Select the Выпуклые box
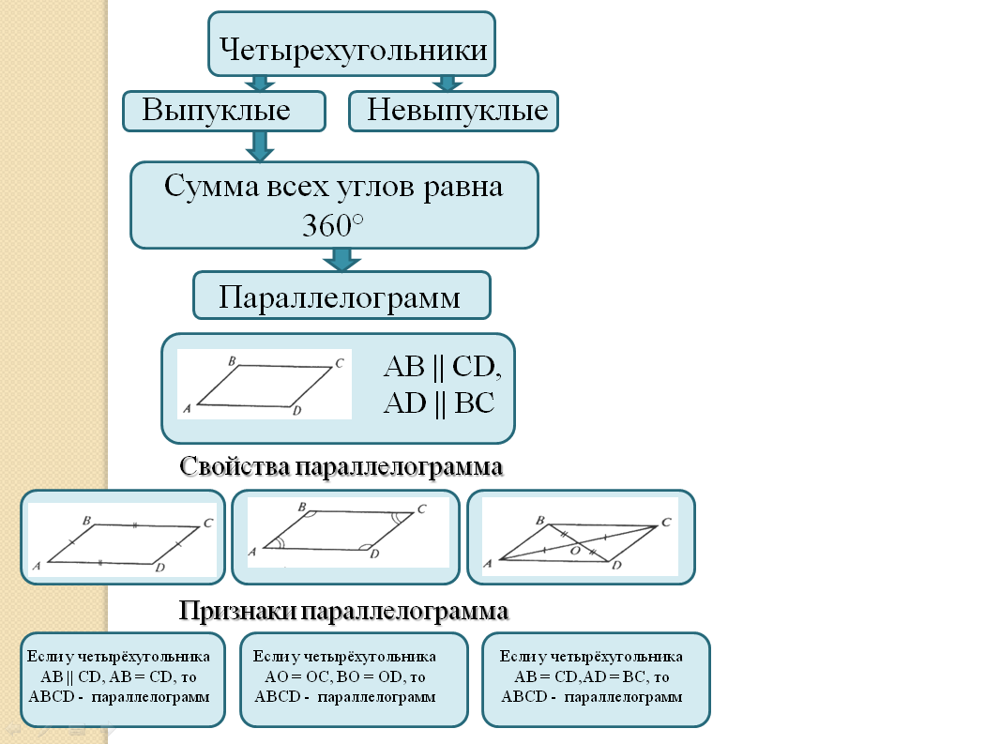(223, 111)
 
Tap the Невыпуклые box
(455, 111)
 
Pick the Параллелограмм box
(341, 297)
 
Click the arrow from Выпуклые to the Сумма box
(260, 144)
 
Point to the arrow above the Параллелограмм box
(341, 259)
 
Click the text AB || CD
(442, 366)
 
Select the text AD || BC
(438, 402)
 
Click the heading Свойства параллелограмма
(341, 466)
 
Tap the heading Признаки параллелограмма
(343, 612)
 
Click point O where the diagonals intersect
(576, 551)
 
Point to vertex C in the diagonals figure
(665, 523)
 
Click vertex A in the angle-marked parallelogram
(253, 553)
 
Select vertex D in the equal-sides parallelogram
(160, 569)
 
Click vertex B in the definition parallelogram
(231, 360)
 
